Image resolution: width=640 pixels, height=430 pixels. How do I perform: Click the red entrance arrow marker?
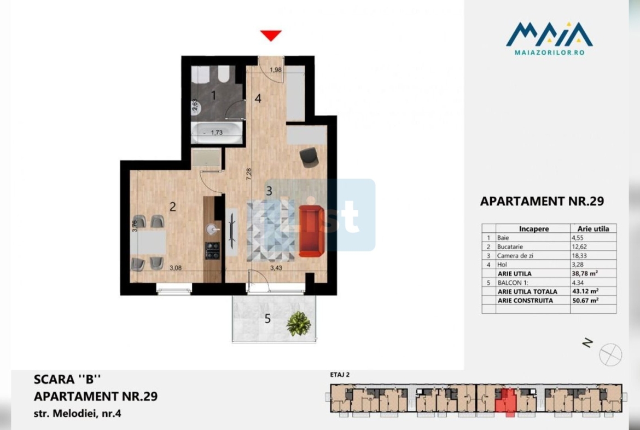point(271,35)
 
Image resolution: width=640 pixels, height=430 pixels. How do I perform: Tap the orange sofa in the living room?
point(311,231)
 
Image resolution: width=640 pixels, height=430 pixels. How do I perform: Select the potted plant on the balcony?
point(299,323)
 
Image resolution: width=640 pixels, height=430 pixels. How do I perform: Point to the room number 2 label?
point(173,207)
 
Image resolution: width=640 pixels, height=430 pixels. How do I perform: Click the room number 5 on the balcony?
point(267,318)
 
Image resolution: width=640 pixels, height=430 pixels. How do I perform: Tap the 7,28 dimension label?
point(248,174)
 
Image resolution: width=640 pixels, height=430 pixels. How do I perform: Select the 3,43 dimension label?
point(276,268)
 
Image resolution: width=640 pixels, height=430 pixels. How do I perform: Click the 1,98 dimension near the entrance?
point(276,70)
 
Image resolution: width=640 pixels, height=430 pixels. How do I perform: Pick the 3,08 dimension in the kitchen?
point(176,268)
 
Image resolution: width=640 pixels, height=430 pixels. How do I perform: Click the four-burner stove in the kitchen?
point(212,250)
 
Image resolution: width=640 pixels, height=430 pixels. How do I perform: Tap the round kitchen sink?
point(212,230)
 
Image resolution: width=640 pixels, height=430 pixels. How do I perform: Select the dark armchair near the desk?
point(309,157)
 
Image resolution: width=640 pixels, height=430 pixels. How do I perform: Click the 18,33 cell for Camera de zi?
point(579,255)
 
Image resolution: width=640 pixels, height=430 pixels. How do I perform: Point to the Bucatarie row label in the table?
point(510,246)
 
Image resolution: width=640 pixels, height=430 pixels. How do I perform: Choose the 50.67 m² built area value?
point(585,300)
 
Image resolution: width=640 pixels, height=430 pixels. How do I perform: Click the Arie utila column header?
point(593,229)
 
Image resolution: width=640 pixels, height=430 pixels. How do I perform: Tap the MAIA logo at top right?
point(549,38)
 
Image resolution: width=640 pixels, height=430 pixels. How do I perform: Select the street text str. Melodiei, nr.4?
point(78,413)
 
